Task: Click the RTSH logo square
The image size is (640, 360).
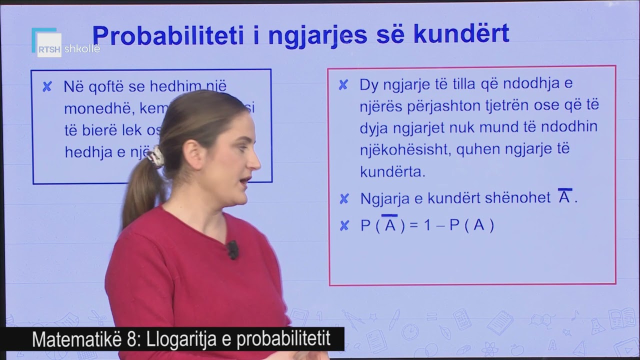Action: [x=48, y=44]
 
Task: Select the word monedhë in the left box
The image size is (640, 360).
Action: [x=92, y=108]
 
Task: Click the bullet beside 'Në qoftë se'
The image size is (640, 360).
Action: [x=47, y=87]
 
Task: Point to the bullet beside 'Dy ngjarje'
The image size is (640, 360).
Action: [x=343, y=85]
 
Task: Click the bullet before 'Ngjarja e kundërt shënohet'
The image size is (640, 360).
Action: [x=344, y=199]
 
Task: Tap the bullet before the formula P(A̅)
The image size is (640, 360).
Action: [x=344, y=226]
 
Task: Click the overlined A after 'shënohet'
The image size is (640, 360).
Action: [x=564, y=197]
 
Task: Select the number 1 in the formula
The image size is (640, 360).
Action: [x=427, y=226]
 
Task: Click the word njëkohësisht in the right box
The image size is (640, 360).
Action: [x=399, y=149]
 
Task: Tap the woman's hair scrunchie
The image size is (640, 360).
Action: [x=155, y=156]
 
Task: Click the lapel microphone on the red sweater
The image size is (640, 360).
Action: [x=232, y=248]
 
